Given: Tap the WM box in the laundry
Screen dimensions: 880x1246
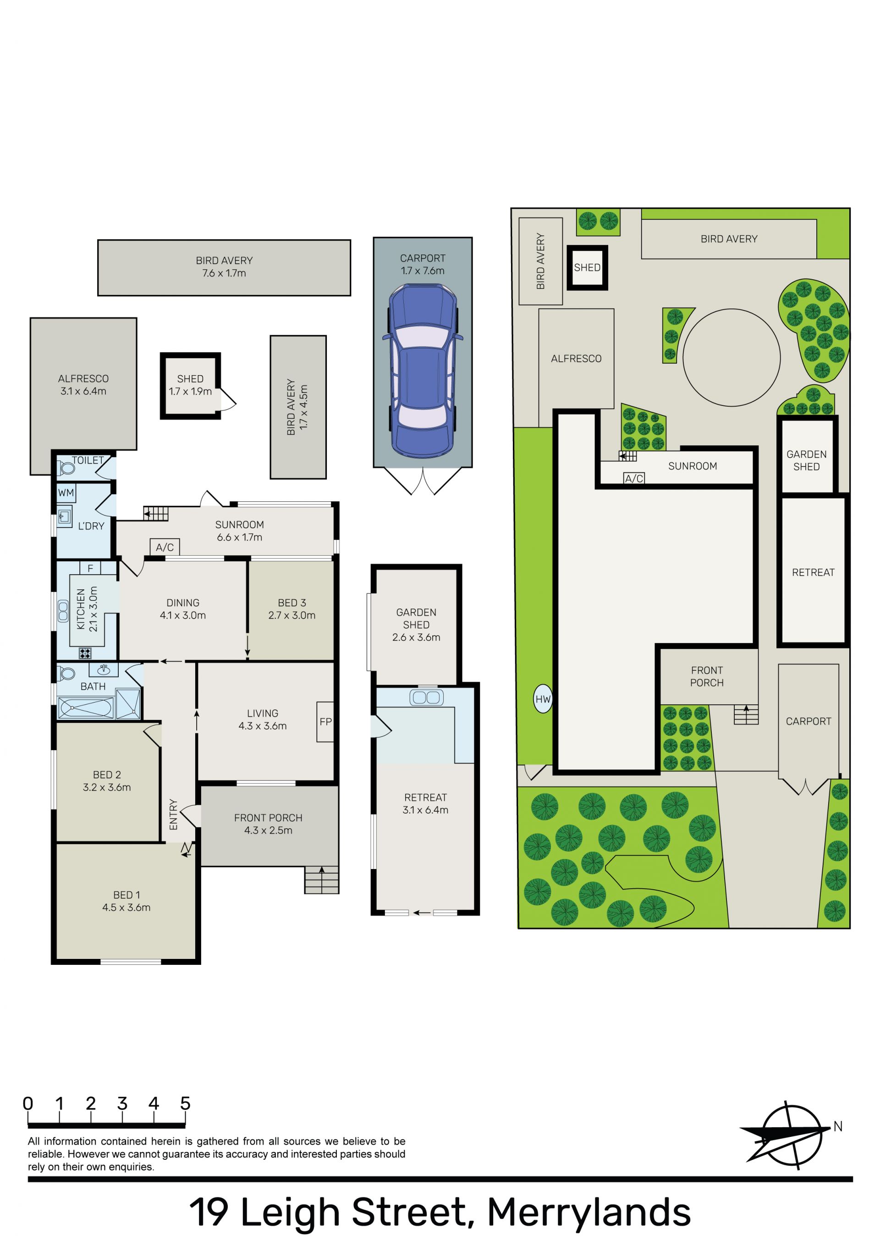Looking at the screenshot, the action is (x=66, y=493).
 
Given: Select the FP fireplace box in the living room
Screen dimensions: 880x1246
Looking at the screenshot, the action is (x=325, y=722).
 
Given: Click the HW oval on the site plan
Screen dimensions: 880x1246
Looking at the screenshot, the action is (x=543, y=699).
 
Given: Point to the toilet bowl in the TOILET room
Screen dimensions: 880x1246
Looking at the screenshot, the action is (x=67, y=468).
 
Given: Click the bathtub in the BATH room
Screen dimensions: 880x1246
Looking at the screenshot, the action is (x=86, y=708).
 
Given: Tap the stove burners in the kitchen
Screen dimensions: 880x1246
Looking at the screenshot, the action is (x=85, y=653).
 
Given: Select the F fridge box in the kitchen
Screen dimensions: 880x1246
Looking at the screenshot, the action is (x=90, y=568).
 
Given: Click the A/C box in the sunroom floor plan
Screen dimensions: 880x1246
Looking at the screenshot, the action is (x=165, y=547).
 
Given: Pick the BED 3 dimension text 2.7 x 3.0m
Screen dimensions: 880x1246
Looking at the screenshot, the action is (x=292, y=615).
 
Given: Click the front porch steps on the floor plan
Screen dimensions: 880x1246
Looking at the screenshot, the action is (x=322, y=879).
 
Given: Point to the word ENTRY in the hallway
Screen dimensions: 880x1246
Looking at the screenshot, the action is (x=174, y=814).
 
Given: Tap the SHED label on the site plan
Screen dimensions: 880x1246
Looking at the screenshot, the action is (x=587, y=267).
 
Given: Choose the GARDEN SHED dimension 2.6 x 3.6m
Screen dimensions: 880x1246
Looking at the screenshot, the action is (x=416, y=637).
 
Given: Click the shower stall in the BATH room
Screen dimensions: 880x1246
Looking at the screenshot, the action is (x=128, y=704).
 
